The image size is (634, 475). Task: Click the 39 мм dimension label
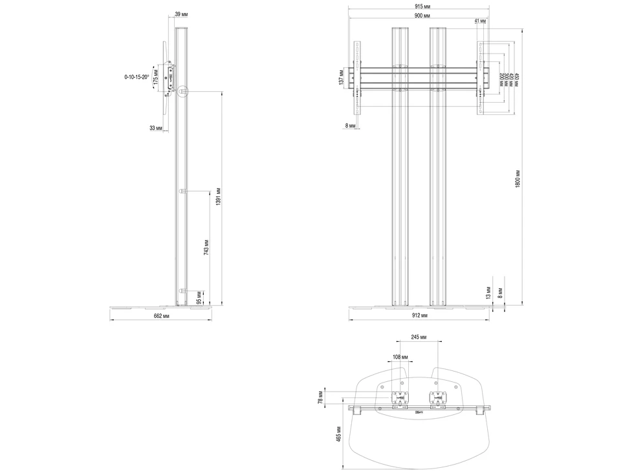(181, 14)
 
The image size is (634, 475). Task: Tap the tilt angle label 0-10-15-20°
(137, 76)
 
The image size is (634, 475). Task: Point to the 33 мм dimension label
(156, 128)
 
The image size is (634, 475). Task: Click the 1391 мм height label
(219, 196)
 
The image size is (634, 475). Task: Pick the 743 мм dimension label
(206, 248)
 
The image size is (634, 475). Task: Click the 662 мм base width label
(161, 316)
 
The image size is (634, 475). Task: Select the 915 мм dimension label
(419, 6)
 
